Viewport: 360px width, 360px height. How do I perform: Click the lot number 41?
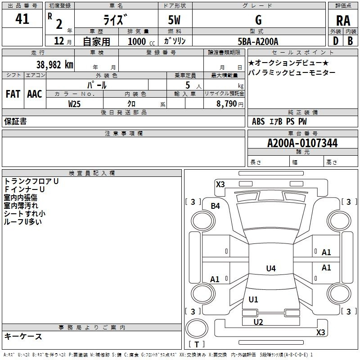[x=22, y=19]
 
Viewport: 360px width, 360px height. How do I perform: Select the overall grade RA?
[x=343, y=21]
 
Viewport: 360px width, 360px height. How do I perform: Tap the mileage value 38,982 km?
[x=54, y=65]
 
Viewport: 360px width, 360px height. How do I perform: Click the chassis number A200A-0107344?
[x=302, y=143]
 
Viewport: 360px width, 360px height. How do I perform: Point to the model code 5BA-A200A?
[x=258, y=41]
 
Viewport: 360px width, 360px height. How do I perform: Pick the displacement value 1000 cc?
[x=141, y=41]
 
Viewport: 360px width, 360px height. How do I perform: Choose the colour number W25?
[x=74, y=104]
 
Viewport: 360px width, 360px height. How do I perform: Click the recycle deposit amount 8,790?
[x=226, y=104]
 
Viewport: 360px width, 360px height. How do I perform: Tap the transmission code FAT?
[x=13, y=94]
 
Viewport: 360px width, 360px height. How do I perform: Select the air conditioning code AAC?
[x=35, y=94]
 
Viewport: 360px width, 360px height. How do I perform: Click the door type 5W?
[x=174, y=20]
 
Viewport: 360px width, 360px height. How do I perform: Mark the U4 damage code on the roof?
[x=271, y=268]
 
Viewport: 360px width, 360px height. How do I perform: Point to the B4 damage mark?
[x=216, y=206]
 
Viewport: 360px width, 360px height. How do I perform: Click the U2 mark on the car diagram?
[x=258, y=322]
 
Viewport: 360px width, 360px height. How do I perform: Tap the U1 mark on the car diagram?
[x=253, y=299]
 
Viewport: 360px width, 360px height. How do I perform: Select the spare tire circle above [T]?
[x=197, y=328]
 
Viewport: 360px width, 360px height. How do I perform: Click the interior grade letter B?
[x=350, y=41]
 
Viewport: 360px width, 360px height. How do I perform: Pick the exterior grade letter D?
[x=336, y=41]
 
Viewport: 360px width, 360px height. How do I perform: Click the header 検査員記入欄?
[x=92, y=173]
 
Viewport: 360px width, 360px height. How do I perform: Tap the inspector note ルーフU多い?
[x=23, y=222]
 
